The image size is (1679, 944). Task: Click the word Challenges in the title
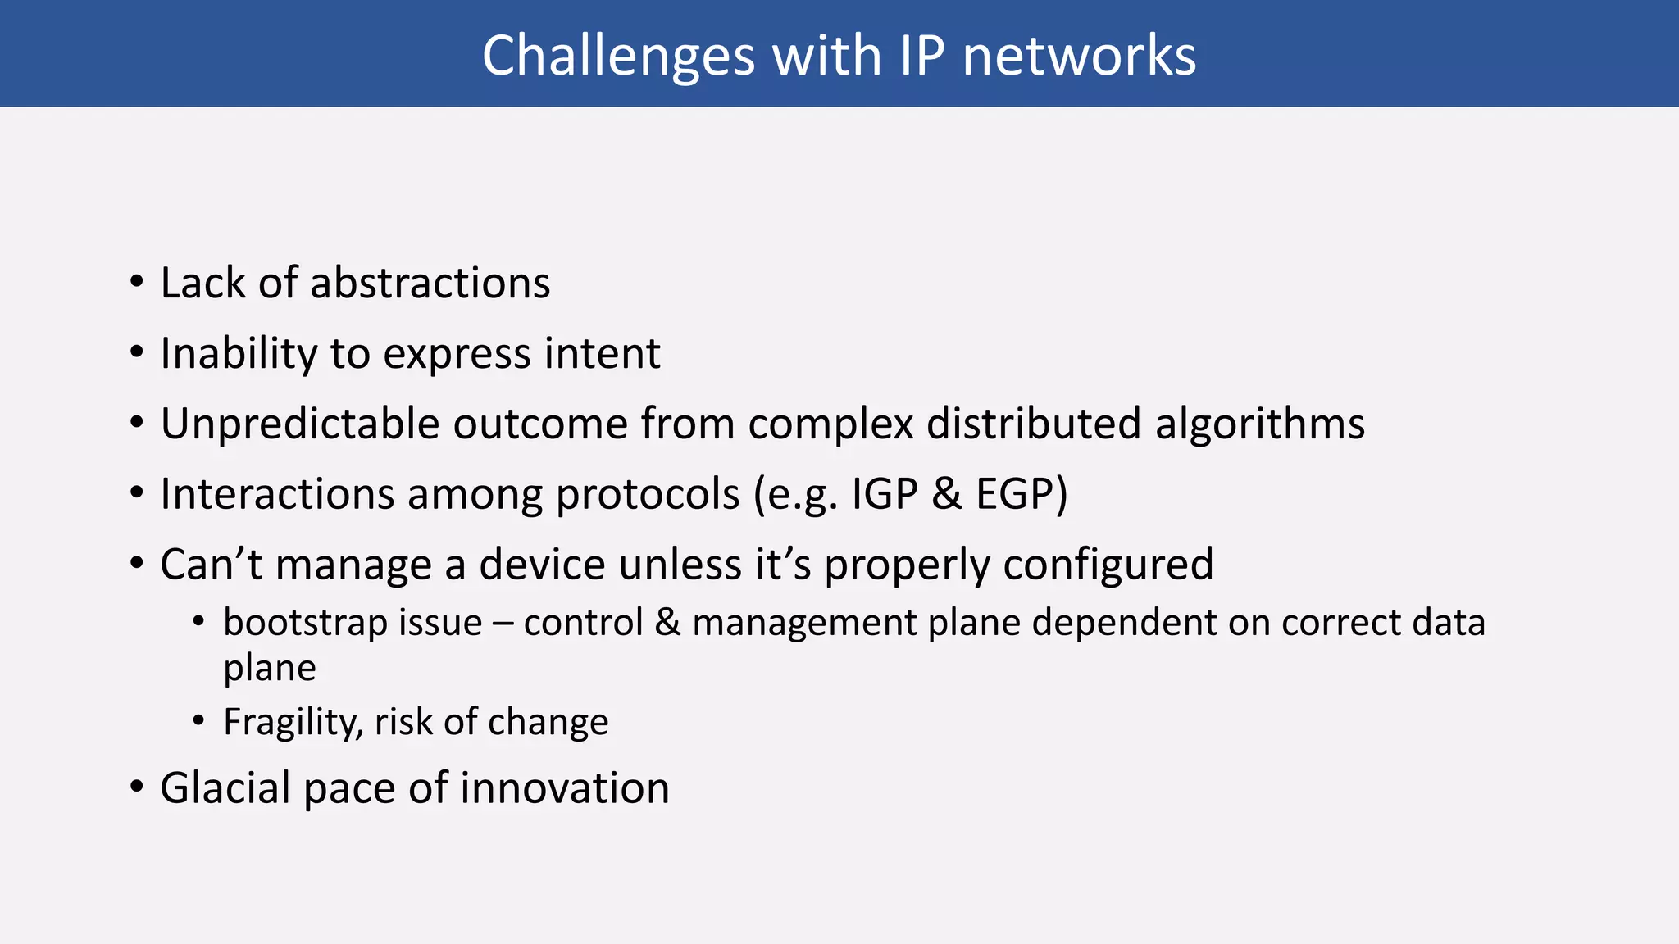point(617,57)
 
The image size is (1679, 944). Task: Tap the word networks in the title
point(1078,57)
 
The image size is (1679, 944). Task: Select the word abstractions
point(430,284)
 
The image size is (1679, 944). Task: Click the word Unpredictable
point(300,424)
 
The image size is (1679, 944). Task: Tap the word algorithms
point(1259,424)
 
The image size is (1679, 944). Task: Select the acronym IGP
point(884,494)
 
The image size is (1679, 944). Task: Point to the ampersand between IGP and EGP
point(946,494)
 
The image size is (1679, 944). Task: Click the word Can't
point(211,565)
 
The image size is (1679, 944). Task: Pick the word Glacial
point(225,788)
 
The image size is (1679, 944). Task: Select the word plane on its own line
point(269,669)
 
